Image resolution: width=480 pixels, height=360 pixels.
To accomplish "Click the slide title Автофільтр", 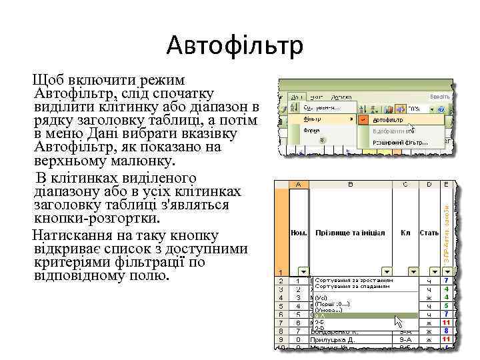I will coord(235,46).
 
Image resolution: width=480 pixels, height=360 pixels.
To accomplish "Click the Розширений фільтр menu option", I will coord(400,143).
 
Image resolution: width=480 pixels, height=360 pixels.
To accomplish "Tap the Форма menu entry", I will coord(311,131).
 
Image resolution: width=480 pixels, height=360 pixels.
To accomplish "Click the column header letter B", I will coord(349,183).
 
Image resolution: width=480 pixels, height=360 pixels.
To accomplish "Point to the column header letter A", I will coord(298,183).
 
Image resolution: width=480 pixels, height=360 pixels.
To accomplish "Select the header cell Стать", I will coord(429,233).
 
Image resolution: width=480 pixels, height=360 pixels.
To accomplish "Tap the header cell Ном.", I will coord(298,233).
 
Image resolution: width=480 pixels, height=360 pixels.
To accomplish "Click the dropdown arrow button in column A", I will coord(303,271).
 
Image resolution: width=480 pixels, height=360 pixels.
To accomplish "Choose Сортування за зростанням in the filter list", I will coord(353,280).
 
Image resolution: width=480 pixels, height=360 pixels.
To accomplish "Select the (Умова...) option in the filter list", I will coord(329,309).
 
